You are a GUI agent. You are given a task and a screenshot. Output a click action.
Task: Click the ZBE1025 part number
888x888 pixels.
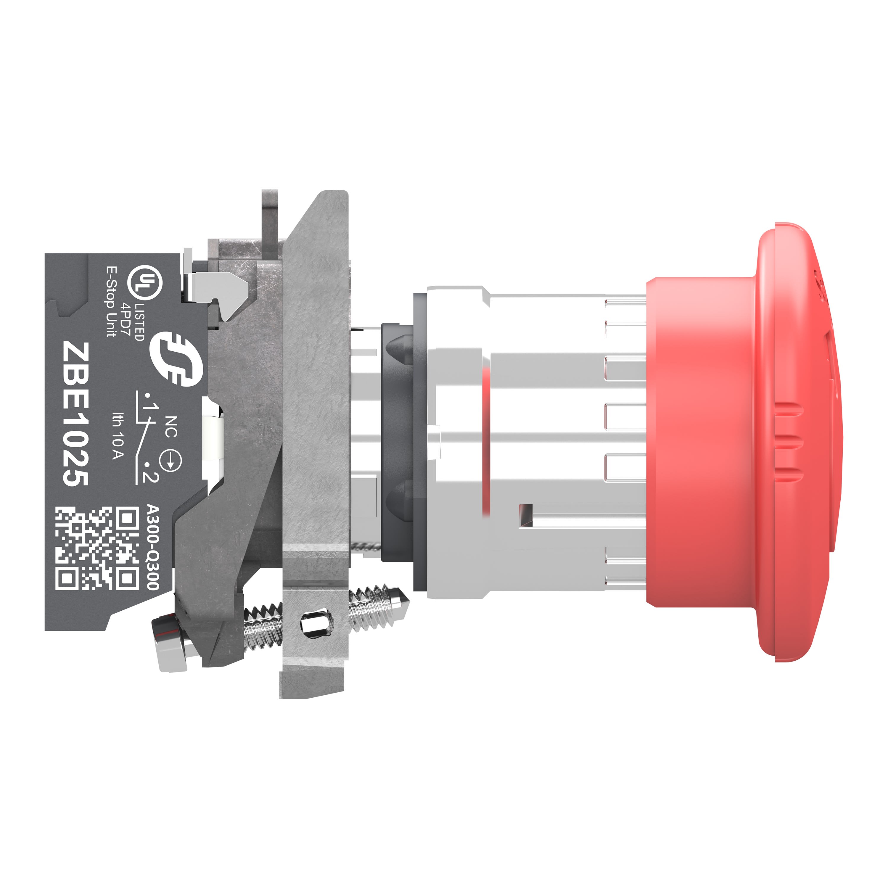coord(76,413)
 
